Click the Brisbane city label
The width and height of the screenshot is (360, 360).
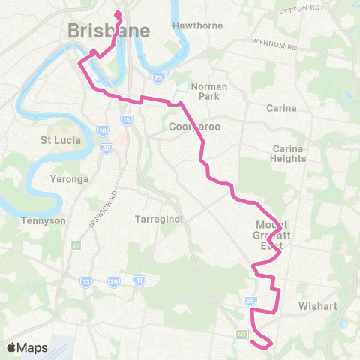tap(109, 31)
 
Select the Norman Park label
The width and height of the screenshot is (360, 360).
tap(208, 91)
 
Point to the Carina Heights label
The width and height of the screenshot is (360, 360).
tap(289, 154)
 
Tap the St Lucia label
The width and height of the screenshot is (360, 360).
tap(61, 139)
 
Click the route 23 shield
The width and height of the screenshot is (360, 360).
tap(158, 77)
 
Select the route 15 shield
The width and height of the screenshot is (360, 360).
tap(127, 120)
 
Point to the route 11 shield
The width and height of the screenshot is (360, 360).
tap(139, 280)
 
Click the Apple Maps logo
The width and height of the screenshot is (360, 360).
tap(27, 347)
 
